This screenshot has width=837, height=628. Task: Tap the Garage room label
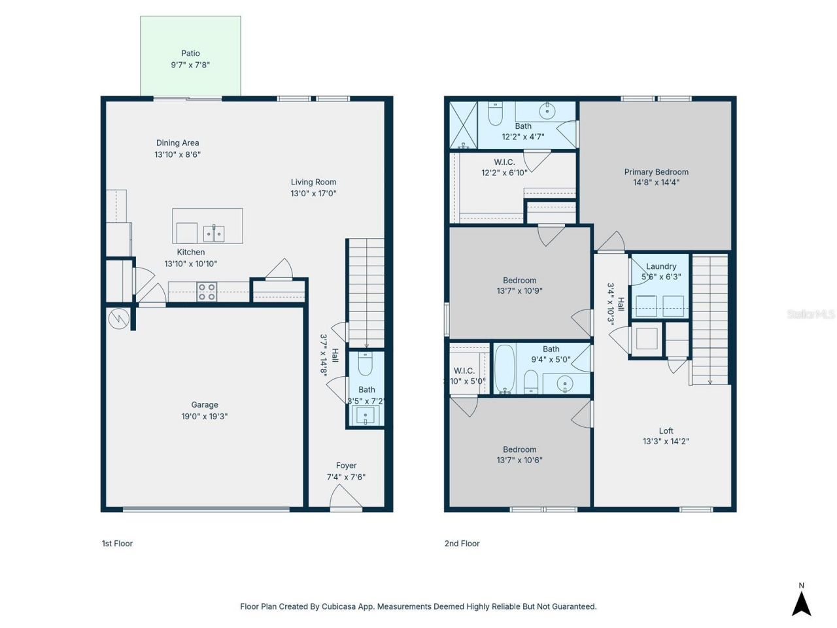pos(205,405)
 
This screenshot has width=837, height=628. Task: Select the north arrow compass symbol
pos(801,602)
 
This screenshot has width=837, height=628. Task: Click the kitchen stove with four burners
pos(207,292)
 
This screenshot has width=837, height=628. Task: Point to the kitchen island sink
pos(214,233)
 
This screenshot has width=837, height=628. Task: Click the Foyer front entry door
pos(345,500)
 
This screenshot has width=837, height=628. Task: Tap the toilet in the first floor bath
pos(366,363)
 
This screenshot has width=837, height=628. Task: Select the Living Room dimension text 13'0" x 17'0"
pos(313,194)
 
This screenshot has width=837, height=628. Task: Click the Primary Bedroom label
pos(656,172)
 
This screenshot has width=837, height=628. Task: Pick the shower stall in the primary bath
pos(463,125)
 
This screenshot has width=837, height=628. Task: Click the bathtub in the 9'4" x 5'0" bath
pos(504,369)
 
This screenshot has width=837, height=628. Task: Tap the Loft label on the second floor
pos(666,430)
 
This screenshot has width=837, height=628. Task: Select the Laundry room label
pos(661,266)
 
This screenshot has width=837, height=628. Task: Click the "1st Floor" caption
pos(117,544)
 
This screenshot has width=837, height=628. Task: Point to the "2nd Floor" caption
pos(462,544)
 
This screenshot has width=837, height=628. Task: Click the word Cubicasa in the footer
pos(339,606)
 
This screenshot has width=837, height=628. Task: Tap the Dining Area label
pos(177,143)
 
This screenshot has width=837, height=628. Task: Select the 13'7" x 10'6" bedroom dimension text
pos(519,460)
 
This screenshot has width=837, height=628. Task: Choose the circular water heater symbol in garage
pos(119,319)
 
